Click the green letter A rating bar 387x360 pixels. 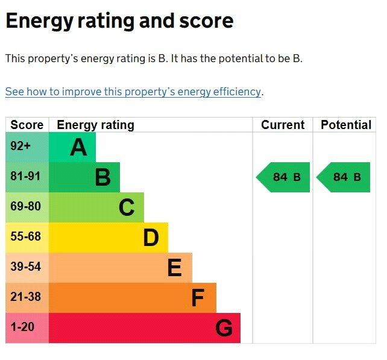(72, 147)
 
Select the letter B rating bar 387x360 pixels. (84, 177)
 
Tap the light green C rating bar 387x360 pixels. (96, 207)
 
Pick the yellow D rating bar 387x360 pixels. (108, 238)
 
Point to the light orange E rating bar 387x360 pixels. (120, 268)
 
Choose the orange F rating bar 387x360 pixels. (132, 298)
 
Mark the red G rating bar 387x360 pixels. (144, 328)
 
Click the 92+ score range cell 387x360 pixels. (27, 147)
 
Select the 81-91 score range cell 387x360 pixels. (27, 177)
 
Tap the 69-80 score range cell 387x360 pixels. (27, 207)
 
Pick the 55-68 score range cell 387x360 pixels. (27, 238)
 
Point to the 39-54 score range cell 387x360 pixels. (27, 268)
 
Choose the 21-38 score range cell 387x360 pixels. (27, 298)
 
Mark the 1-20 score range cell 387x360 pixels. (27, 328)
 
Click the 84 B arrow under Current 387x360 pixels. (284, 177)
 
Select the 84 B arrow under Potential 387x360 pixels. (344, 177)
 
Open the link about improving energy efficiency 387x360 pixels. (133, 92)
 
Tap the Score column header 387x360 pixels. (27, 125)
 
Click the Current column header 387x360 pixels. (283, 125)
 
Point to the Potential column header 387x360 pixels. (346, 125)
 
